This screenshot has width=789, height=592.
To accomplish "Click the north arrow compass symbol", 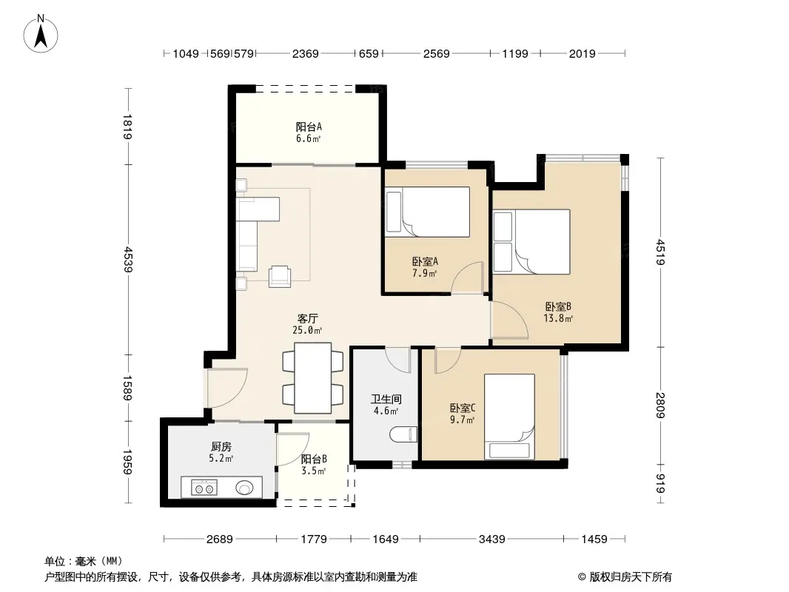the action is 41,34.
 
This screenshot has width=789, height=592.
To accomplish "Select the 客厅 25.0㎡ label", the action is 307,324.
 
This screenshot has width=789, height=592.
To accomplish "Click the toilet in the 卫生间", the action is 403,434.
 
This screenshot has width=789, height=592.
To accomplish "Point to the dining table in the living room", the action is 312,377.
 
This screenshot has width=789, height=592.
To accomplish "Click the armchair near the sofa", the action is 279,276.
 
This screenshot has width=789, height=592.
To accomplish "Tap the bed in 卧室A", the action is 427,212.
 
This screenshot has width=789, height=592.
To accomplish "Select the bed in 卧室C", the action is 509,417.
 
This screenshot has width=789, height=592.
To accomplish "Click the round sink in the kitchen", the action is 244,488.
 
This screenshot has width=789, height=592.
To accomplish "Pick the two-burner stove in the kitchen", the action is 204,488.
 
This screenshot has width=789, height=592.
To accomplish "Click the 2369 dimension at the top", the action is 306,53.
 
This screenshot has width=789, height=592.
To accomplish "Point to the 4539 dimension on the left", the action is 128,259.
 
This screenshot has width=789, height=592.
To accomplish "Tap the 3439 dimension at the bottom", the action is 491,539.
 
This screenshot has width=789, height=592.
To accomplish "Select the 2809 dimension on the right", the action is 661,405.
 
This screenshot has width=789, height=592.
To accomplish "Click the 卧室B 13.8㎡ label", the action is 558,312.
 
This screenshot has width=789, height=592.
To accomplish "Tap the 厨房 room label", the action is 221,447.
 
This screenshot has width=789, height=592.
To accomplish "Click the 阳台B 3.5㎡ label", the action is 314,465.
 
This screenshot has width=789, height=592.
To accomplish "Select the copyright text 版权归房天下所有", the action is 631,577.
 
